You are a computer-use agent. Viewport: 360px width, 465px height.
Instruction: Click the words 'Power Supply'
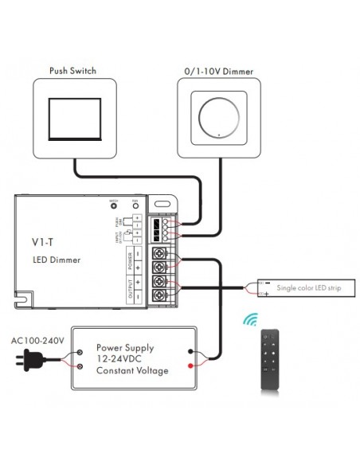[x=124, y=348]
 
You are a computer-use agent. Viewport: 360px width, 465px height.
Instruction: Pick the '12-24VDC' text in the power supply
[x=120, y=359]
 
